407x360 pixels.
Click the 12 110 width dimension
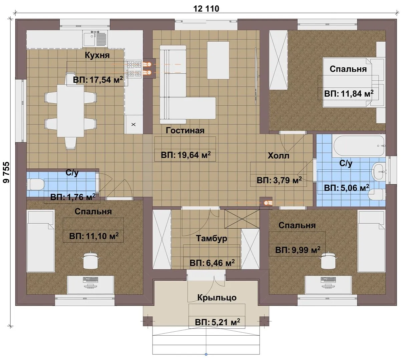pos(206,9)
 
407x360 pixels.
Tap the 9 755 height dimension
pos(6,172)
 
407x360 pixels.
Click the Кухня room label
pos(97,55)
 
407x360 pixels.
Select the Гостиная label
pos(185,131)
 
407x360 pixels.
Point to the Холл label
pos(279,156)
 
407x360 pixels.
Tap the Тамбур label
pos(212,238)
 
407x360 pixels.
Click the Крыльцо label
pos(217,298)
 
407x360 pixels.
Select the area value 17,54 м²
pos(106,80)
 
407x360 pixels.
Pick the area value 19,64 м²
pos(194,155)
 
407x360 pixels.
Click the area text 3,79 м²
pos(288,180)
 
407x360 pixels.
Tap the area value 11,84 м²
pos(357,94)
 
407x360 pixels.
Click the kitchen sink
pos(95,39)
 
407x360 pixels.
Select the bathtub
pos(359,146)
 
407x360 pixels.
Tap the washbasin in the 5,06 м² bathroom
pos(379,171)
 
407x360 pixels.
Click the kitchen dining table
pos(70,111)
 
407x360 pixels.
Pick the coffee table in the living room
pos(218,60)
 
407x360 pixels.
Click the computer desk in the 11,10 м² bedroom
pos(90,285)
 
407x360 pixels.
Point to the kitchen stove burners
pos(133,69)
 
